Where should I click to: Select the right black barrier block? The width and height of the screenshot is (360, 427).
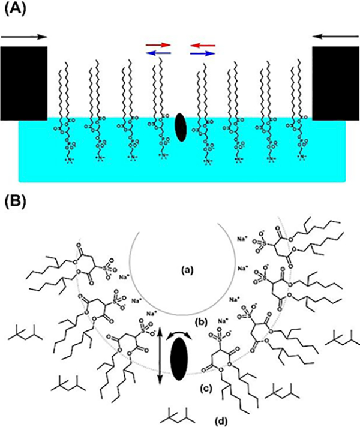click(335, 82)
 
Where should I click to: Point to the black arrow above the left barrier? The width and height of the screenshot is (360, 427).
click(24, 37)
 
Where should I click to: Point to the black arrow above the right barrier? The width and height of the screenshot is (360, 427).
click(335, 37)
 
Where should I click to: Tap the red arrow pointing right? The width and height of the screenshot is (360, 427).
click(158, 44)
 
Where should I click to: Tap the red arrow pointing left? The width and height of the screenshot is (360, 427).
click(203, 44)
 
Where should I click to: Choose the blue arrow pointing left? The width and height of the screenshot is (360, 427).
click(158, 53)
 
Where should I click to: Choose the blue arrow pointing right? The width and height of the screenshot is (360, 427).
click(203, 53)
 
